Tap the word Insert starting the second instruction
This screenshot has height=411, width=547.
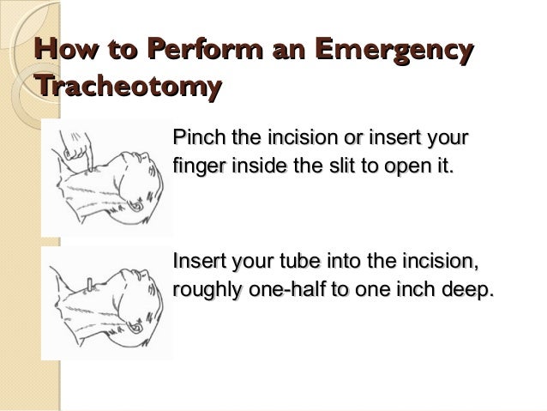pos(198,260)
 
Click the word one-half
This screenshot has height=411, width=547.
pos(286,288)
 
